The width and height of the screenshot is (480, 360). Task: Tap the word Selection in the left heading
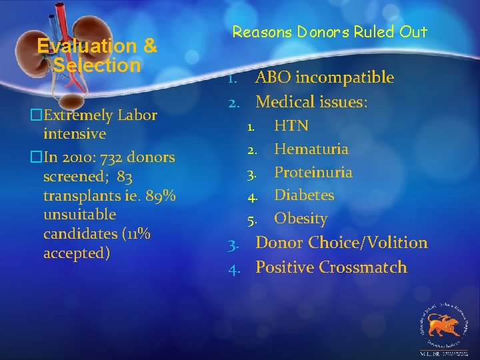coord(97,65)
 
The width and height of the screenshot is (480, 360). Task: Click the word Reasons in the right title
coord(257,31)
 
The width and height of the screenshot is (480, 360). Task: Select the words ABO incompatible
coord(325,77)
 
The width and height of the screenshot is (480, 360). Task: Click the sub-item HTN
coord(291,125)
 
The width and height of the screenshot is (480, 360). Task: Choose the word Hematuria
coord(311,149)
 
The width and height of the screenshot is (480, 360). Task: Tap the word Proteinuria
coord(313,172)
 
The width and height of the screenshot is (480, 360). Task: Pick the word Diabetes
coord(304,195)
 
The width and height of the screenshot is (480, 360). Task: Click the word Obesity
coord(301,219)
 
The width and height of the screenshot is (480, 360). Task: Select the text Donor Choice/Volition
coord(341,243)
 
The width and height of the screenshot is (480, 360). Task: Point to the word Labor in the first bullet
coord(137,115)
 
